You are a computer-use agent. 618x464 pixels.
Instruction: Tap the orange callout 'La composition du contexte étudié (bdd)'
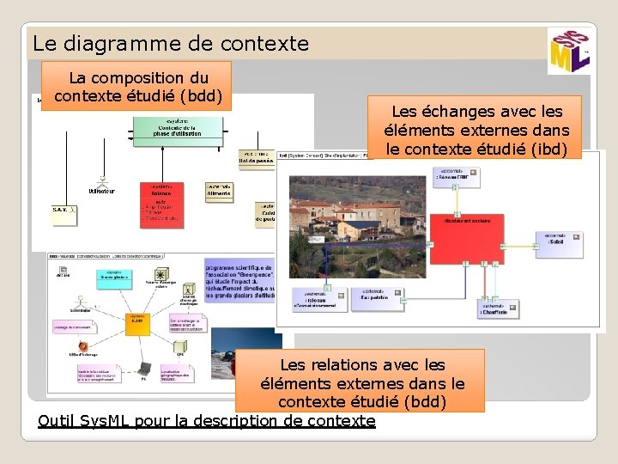139,86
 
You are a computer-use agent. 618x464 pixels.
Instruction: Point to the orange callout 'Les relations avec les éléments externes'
360,381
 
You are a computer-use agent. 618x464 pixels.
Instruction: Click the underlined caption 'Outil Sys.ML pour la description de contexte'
207,421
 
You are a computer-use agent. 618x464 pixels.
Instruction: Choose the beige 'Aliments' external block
219,192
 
